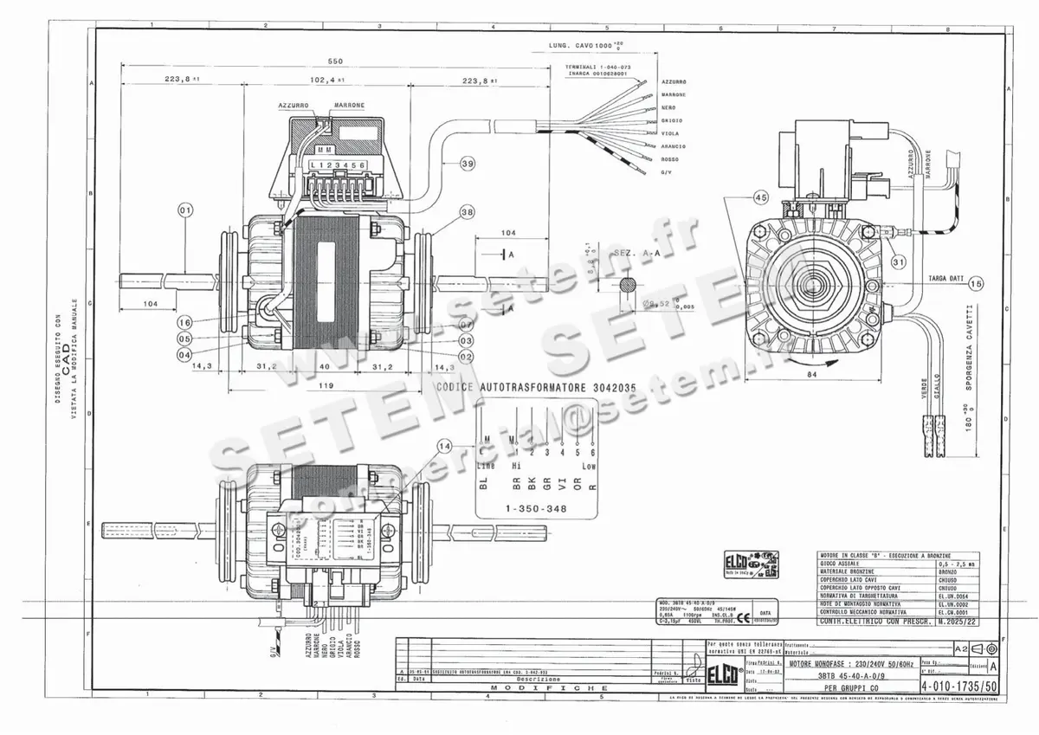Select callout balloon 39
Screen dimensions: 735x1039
[468, 163]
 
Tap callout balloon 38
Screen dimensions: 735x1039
[468, 211]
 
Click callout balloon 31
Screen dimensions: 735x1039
[898, 262]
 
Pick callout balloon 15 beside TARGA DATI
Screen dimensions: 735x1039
[977, 283]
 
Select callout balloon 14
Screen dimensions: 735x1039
[445, 446]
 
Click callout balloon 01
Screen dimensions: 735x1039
[184, 210]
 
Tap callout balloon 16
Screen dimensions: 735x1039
[184, 322]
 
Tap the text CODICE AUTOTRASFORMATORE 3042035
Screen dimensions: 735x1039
[538, 388]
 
